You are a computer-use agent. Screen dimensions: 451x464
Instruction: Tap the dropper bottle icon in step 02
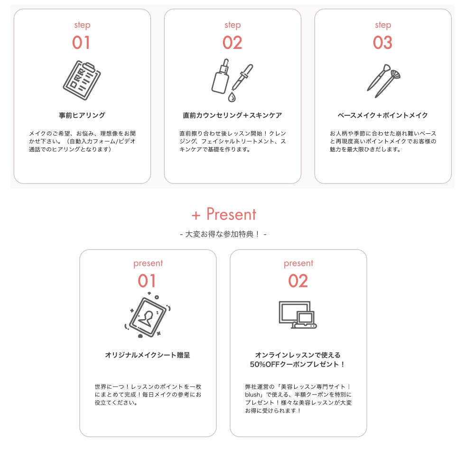pyautogui.click(x=220, y=77)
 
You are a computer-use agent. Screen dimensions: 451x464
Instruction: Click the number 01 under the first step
pyautogui.click(x=81, y=43)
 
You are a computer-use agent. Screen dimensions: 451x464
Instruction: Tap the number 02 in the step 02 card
pyautogui.click(x=232, y=43)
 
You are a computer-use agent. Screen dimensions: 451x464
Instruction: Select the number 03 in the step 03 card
pyautogui.click(x=382, y=43)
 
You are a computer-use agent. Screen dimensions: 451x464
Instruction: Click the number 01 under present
pyautogui.click(x=147, y=281)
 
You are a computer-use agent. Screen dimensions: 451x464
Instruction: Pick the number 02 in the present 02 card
pyautogui.click(x=298, y=281)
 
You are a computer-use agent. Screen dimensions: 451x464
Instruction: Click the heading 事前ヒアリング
pyautogui.click(x=82, y=115)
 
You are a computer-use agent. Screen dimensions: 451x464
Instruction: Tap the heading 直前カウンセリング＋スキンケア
pyautogui.click(x=232, y=115)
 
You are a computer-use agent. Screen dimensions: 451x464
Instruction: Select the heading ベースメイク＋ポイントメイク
pyautogui.click(x=382, y=115)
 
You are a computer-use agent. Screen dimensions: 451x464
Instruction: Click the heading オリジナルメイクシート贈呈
pyautogui.click(x=148, y=355)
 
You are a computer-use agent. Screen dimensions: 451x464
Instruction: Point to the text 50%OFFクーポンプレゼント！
pyautogui.click(x=297, y=364)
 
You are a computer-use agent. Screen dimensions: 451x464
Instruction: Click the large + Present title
pyautogui.click(x=224, y=214)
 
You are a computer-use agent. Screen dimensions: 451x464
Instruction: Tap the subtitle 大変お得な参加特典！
pyautogui.click(x=223, y=234)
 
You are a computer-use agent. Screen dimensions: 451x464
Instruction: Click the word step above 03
pyautogui.click(x=382, y=25)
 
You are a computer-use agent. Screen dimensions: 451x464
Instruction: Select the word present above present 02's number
pyautogui.click(x=298, y=263)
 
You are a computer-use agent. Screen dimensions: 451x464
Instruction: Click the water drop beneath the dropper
pyautogui.click(x=232, y=97)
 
